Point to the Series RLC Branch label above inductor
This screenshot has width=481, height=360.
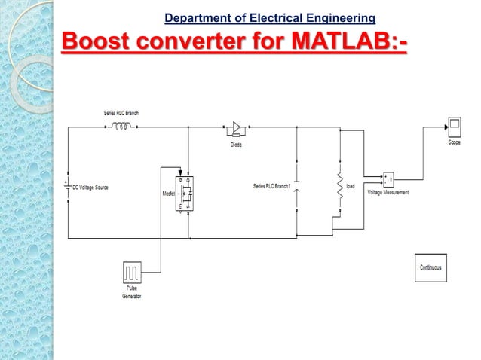pos(121,113)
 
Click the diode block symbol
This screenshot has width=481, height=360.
pos(236,128)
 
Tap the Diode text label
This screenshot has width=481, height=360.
pos(236,145)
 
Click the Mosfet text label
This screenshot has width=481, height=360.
pos(169,194)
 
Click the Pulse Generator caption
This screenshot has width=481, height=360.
pos(132,293)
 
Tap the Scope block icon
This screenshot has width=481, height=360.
pos(455,125)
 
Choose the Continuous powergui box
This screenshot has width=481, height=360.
pos(430,267)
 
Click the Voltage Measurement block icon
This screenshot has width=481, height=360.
pos(388,180)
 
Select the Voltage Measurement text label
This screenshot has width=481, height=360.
pos(388,193)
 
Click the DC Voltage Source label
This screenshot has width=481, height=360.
pos(90,186)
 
